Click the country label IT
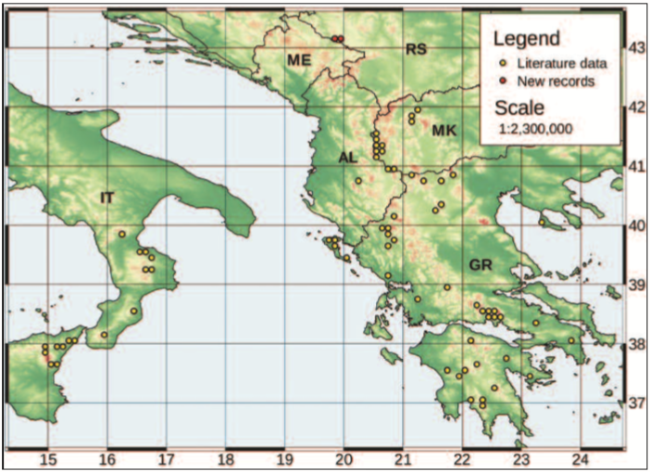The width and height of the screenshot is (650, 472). [x=107, y=197]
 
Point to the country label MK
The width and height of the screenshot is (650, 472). [x=444, y=133]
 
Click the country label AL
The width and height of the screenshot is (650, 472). [x=347, y=159]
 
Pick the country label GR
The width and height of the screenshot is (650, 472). [x=480, y=266]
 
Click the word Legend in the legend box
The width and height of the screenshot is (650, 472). [x=526, y=39]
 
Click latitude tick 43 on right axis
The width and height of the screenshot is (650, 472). [x=636, y=47]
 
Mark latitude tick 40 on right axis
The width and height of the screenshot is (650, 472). [x=636, y=225]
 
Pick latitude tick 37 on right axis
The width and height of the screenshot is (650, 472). [x=636, y=403]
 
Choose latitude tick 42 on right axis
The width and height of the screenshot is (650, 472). [x=636, y=107]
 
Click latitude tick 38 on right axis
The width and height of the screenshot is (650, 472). [x=636, y=344]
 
